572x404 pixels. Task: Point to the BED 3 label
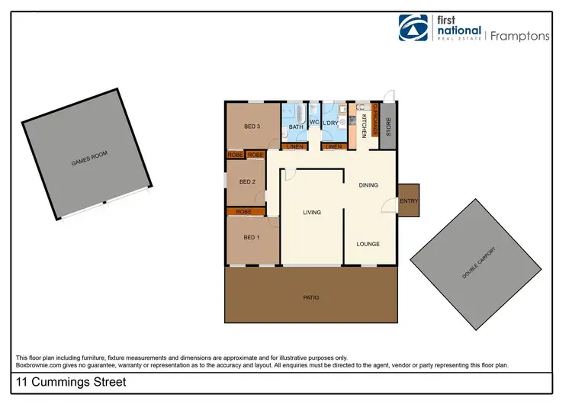(252, 126)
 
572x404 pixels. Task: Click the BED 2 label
(246, 181)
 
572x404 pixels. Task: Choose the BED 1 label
(252, 237)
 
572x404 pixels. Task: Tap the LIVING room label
(311, 213)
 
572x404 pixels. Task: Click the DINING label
(369, 184)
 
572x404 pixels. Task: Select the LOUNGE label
(368, 244)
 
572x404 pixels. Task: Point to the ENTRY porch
(409, 201)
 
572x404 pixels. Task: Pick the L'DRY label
(330, 123)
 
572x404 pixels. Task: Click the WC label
(313, 123)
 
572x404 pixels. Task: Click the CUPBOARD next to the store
(375, 119)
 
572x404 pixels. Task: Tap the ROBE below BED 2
(244, 211)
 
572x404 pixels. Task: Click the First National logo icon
(416, 29)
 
